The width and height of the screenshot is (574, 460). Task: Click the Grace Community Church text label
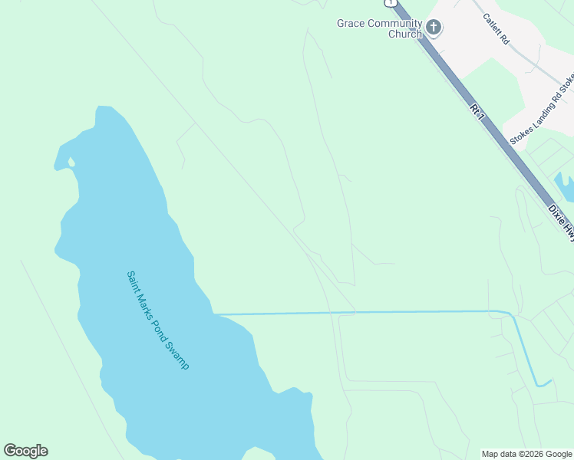[380, 28]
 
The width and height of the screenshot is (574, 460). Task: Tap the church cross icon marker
[434, 28]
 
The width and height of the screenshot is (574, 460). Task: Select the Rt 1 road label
[478, 112]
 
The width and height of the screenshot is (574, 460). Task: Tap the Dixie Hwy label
[561, 221]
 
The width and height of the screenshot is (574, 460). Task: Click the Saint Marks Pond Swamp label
[157, 320]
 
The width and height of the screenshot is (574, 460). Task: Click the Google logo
[25, 451]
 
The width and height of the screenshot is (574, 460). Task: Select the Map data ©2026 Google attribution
[526, 454]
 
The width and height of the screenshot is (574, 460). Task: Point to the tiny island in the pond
[71, 162]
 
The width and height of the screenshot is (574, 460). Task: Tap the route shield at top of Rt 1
[391, 2]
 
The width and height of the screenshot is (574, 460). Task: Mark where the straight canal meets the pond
[215, 314]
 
